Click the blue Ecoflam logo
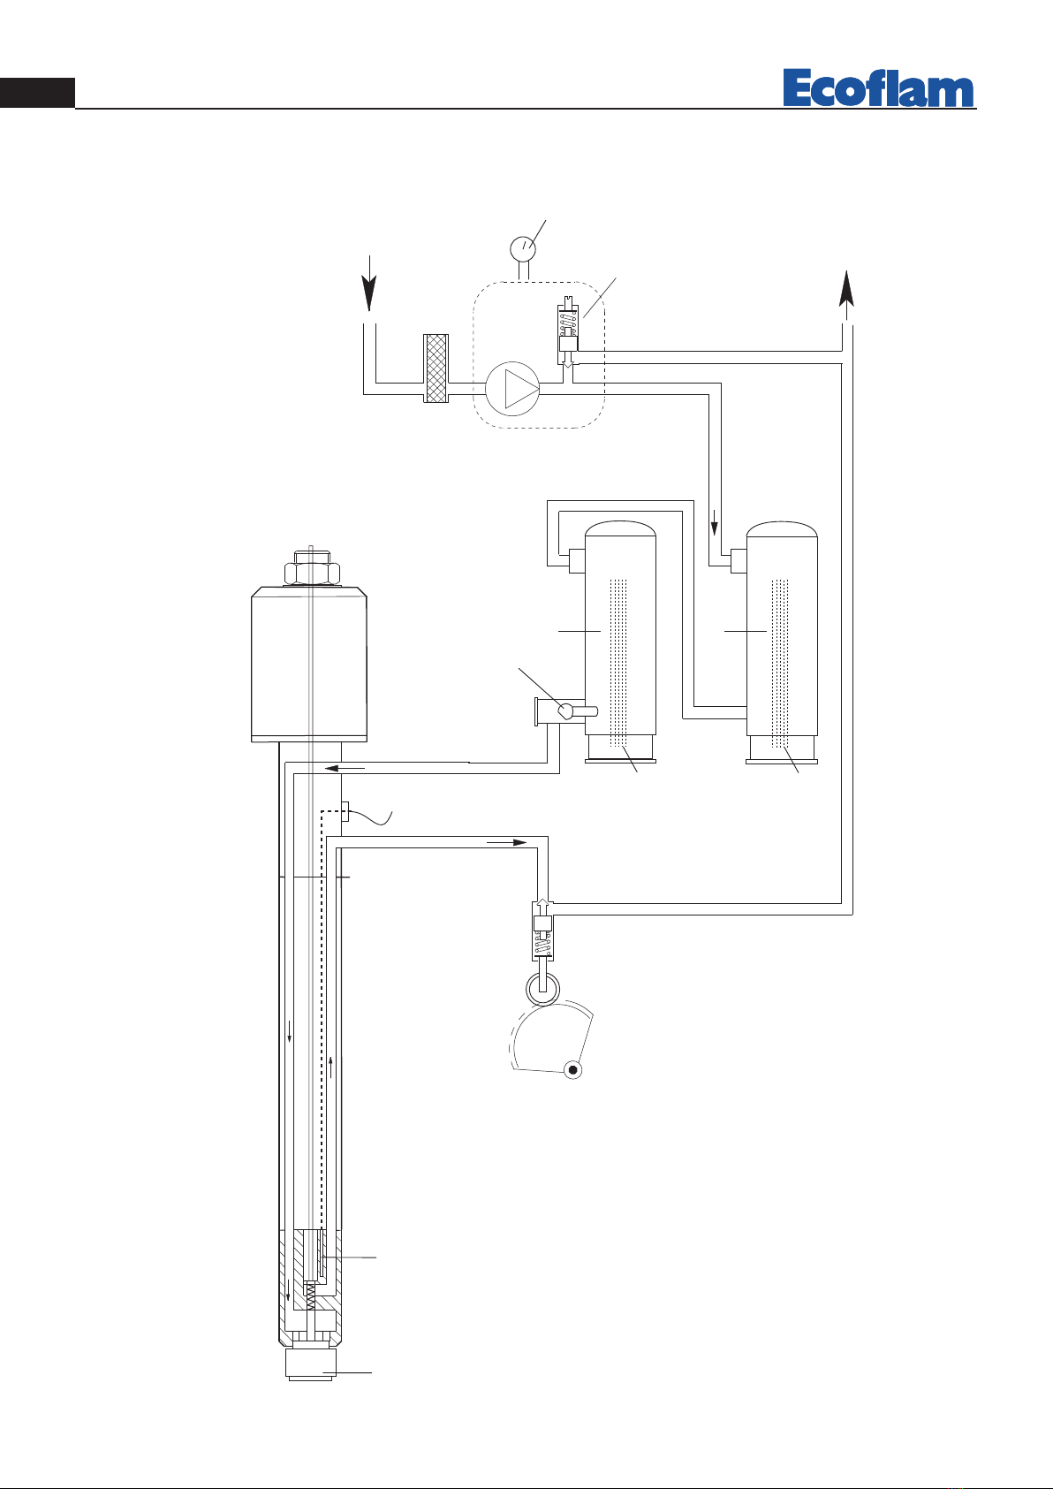click(x=878, y=87)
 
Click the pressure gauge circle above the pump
click(x=523, y=248)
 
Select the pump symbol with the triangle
click(x=512, y=389)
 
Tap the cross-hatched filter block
click(x=436, y=368)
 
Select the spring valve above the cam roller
click(x=542, y=931)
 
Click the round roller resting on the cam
click(x=542, y=988)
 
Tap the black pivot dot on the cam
click(x=572, y=1070)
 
